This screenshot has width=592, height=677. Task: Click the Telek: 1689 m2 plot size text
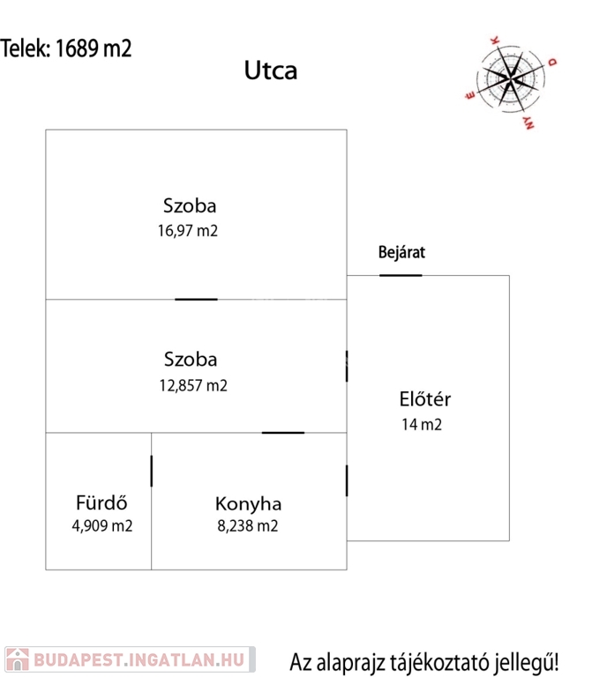pyautogui.click(x=65, y=48)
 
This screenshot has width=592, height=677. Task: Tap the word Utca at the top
pyautogui.click(x=271, y=71)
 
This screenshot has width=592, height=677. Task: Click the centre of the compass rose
pyautogui.click(x=510, y=78)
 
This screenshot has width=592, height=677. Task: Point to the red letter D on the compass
pyautogui.click(x=552, y=63)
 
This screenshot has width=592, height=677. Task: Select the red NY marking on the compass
pyautogui.click(x=528, y=123)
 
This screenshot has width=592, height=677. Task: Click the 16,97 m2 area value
pyautogui.click(x=188, y=231)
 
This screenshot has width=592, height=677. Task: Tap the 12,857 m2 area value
pyautogui.click(x=193, y=385)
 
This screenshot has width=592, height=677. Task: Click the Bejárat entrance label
pyautogui.click(x=401, y=252)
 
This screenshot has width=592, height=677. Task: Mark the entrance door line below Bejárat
pyautogui.click(x=401, y=275)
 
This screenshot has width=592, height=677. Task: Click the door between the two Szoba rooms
pyautogui.click(x=196, y=299)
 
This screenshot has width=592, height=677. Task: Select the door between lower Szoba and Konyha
pyautogui.click(x=283, y=433)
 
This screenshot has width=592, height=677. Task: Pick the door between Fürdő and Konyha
pyautogui.click(x=151, y=471)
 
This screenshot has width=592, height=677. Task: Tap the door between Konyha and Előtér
pyautogui.click(x=347, y=480)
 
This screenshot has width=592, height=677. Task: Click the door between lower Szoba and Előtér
pyautogui.click(x=347, y=366)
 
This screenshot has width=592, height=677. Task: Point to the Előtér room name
pyautogui.click(x=424, y=399)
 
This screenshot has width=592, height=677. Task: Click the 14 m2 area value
pyautogui.click(x=422, y=424)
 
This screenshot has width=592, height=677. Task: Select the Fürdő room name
pyautogui.click(x=101, y=502)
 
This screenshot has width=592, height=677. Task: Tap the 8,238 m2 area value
pyautogui.click(x=248, y=526)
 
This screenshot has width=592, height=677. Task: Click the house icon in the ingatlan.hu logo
pyautogui.click(x=18, y=659)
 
